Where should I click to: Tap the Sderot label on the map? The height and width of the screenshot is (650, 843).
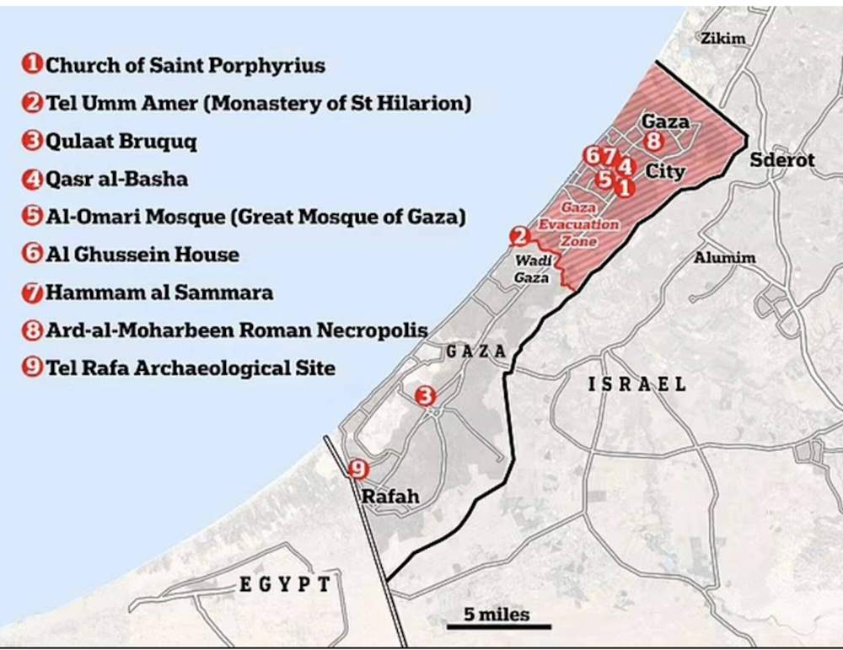pyautogui.click(x=781, y=159)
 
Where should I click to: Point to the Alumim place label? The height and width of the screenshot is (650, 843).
pyautogui.click(x=724, y=258)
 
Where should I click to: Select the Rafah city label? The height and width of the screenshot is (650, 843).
pyautogui.click(x=390, y=497)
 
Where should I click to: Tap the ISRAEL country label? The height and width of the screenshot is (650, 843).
pyautogui.click(x=636, y=384)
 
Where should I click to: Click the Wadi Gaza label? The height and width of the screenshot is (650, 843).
pyautogui.click(x=533, y=269)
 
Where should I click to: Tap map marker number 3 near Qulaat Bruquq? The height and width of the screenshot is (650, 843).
pyautogui.click(x=427, y=395)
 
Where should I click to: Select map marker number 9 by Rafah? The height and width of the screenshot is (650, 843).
pyautogui.click(x=358, y=469)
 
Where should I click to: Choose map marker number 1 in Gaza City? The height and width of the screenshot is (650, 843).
pyautogui.click(x=624, y=188)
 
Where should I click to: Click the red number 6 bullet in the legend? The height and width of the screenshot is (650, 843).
pyautogui.click(x=34, y=255)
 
